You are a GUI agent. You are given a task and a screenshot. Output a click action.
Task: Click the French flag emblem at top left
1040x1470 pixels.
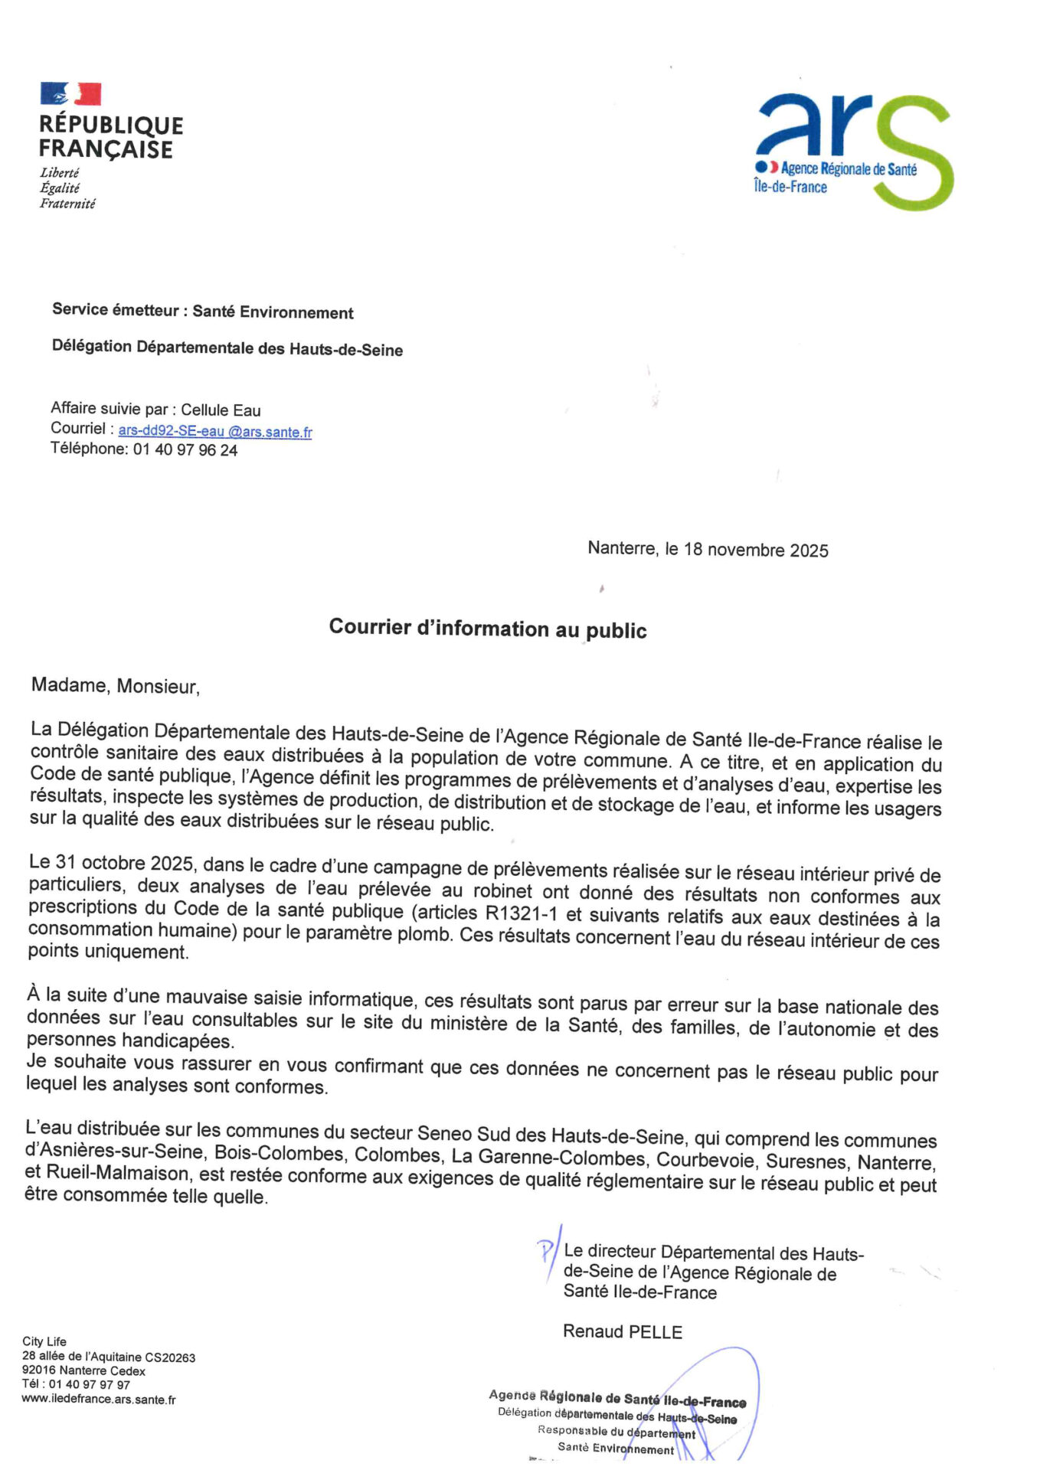(70, 93)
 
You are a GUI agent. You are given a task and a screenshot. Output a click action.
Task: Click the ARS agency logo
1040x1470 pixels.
(853, 151)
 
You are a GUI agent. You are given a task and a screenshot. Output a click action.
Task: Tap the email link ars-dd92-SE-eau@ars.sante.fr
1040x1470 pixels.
(215, 431)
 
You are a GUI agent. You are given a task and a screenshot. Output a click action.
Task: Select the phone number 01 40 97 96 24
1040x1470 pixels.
(185, 450)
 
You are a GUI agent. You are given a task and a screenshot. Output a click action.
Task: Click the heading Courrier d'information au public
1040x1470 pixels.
(488, 629)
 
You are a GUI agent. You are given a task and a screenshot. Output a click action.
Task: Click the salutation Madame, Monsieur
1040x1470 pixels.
(115, 685)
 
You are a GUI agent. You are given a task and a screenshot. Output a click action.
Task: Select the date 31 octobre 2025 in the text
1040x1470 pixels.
(123, 863)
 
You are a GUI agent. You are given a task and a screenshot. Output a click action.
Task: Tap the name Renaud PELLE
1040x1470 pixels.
(622, 1331)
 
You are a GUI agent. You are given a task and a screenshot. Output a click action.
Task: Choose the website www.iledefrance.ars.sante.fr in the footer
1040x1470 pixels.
(99, 1400)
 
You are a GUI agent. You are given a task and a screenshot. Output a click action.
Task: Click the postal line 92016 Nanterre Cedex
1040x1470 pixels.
(83, 1370)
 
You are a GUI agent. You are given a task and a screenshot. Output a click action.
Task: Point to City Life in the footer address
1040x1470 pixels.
(44, 1341)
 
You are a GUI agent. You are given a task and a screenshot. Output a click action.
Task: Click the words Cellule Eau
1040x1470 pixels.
(221, 410)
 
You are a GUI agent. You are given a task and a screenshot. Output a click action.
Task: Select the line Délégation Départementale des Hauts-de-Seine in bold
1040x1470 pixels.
(227, 348)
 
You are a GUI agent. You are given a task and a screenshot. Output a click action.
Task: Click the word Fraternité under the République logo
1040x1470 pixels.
(67, 204)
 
